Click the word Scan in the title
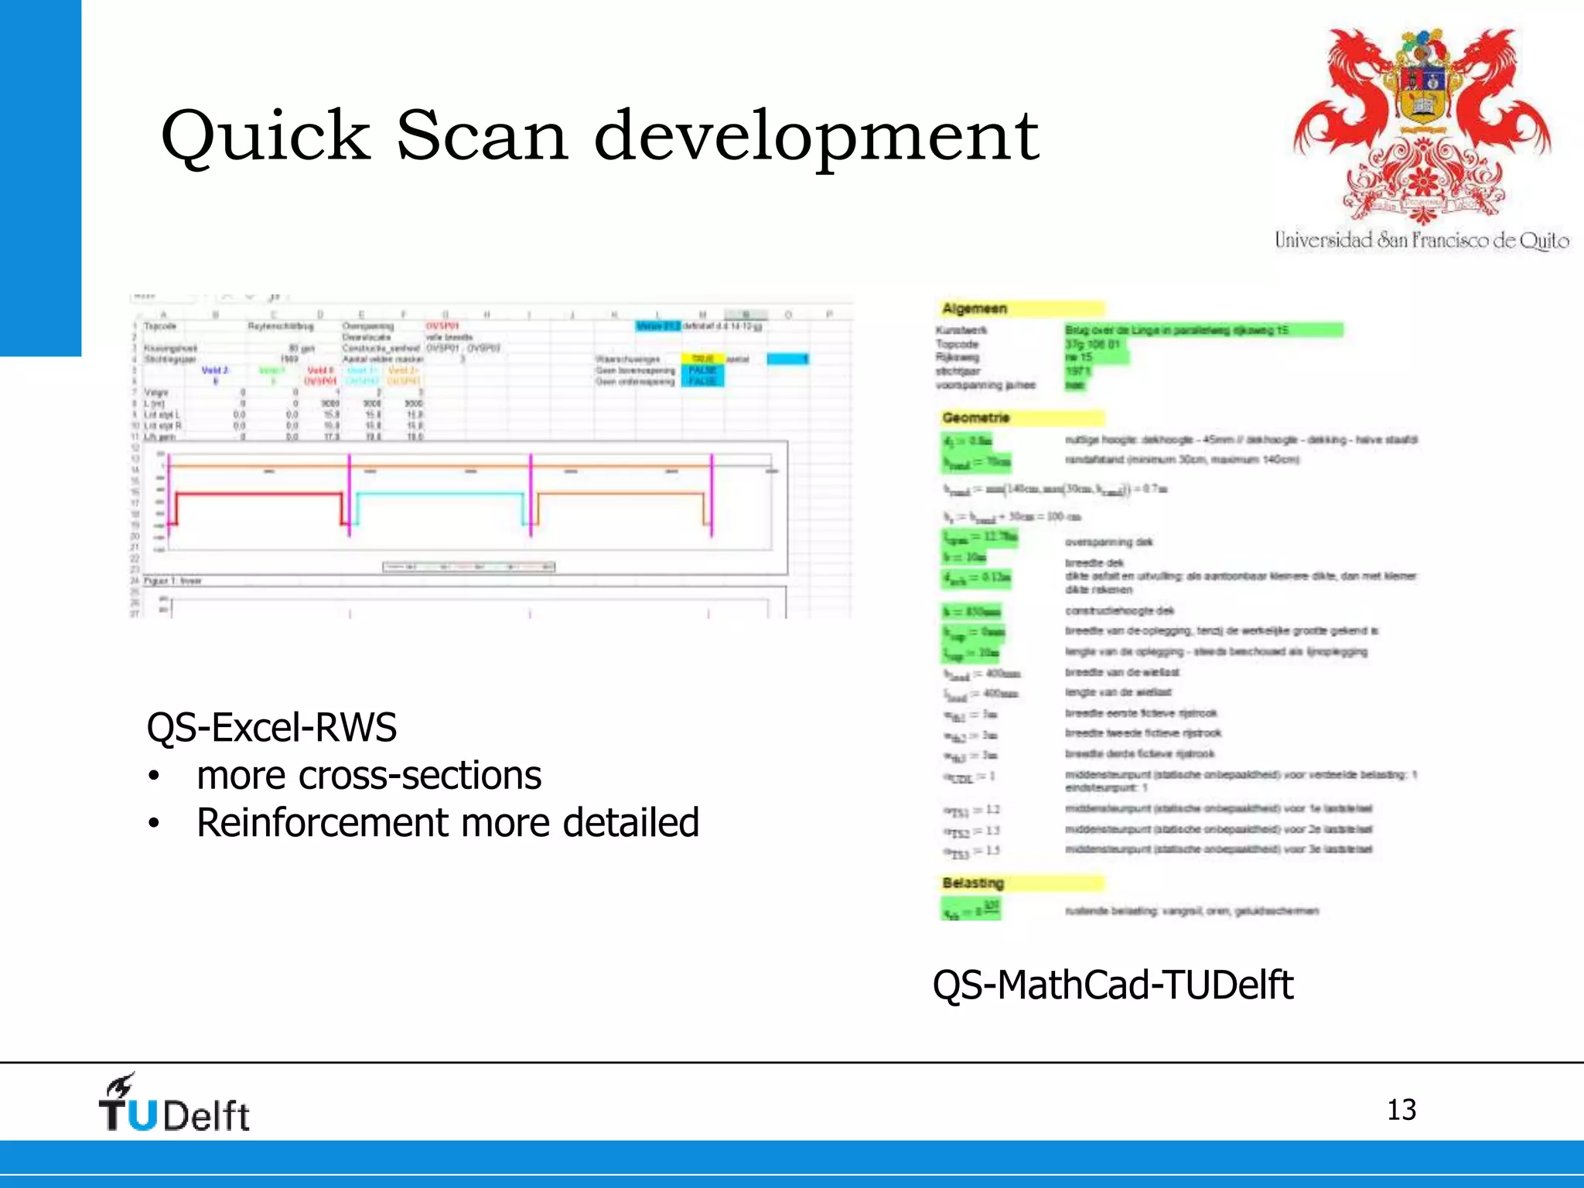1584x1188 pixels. click(x=483, y=135)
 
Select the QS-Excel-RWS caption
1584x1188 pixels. click(x=271, y=728)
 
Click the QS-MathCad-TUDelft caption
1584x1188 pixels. click(x=1112, y=985)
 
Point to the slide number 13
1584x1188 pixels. click(x=1401, y=1110)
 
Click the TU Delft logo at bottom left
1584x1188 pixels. click(x=174, y=1104)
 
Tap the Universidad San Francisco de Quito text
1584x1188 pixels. click(x=1422, y=241)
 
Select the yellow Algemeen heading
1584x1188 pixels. click(x=974, y=309)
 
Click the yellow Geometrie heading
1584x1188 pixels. click(x=975, y=418)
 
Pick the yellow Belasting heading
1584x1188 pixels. click(x=972, y=883)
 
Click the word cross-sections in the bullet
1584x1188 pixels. click(x=420, y=776)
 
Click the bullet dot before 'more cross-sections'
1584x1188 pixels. click(x=155, y=777)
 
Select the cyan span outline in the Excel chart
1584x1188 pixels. click(x=439, y=494)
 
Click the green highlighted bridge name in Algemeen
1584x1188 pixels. click(x=1203, y=330)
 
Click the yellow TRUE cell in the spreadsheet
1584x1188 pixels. click(x=702, y=359)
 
